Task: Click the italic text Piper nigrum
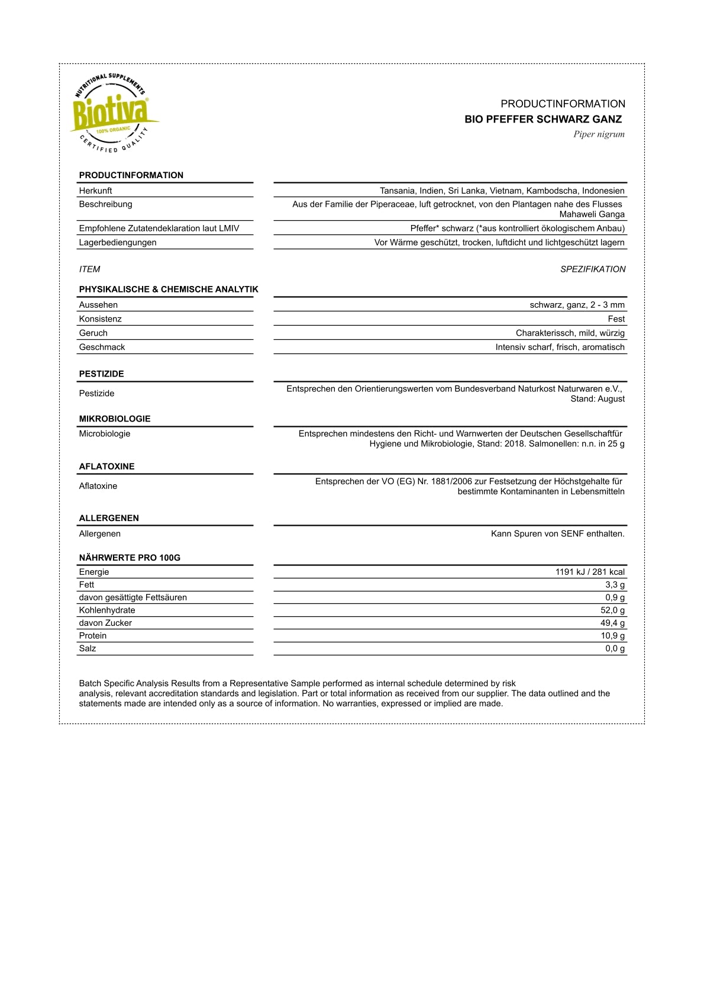click(599, 134)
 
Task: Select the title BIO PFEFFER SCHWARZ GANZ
click(543, 119)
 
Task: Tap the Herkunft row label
click(96, 191)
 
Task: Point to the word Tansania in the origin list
click(397, 191)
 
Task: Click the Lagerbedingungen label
click(118, 242)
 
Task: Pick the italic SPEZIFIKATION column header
click(593, 269)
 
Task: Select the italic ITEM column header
click(89, 269)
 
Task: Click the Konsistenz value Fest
click(616, 319)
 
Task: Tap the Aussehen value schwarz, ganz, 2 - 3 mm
click(577, 305)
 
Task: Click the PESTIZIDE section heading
click(102, 374)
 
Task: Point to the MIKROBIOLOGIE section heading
click(115, 419)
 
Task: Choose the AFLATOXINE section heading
click(107, 467)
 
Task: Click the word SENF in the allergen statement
click(572, 534)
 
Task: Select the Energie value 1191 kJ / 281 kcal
click(590, 572)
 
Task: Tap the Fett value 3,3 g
click(615, 585)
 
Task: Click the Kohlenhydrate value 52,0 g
click(612, 610)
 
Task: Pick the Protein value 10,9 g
click(612, 636)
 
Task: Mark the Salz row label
click(88, 649)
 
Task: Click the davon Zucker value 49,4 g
click(612, 623)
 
